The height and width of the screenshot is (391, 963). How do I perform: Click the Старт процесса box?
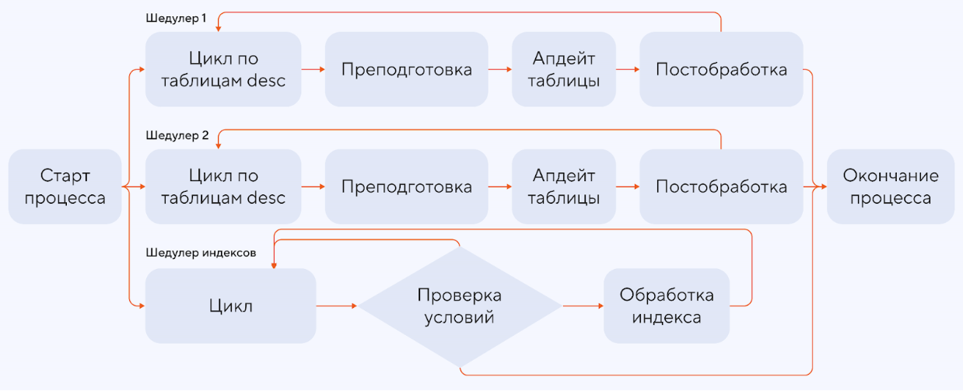(65, 187)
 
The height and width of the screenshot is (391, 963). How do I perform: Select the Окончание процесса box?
(890, 187)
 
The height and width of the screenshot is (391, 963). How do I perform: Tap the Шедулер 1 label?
(176, 18)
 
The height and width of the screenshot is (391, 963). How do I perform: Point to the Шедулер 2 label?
(177, 135)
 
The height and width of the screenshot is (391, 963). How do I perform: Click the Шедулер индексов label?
(201, 253)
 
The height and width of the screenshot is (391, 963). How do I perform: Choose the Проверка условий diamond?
(459, 306)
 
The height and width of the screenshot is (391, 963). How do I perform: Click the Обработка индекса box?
(667, 306)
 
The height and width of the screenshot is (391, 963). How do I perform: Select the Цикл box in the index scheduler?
(231, 306)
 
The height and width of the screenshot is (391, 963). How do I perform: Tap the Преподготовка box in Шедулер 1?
(406, 69)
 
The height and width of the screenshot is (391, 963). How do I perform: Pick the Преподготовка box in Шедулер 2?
(406, 187)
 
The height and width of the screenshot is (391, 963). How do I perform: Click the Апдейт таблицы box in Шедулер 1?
(563, 69)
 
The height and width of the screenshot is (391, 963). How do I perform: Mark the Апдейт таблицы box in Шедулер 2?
(563, 187)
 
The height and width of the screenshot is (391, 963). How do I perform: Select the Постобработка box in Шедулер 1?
(721, 69)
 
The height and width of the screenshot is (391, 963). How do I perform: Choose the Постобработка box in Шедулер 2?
(721, 187)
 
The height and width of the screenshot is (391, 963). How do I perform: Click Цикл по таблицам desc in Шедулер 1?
(223, 69)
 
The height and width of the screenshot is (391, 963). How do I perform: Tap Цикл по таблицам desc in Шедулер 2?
(223, 187)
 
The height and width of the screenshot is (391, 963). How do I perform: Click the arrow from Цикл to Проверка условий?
(337, 306)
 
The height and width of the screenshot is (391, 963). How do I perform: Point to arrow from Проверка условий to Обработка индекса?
(582, 306)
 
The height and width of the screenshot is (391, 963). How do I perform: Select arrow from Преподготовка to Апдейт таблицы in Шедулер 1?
(499, 69)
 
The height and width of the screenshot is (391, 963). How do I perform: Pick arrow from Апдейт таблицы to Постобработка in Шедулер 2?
(627, 187)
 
